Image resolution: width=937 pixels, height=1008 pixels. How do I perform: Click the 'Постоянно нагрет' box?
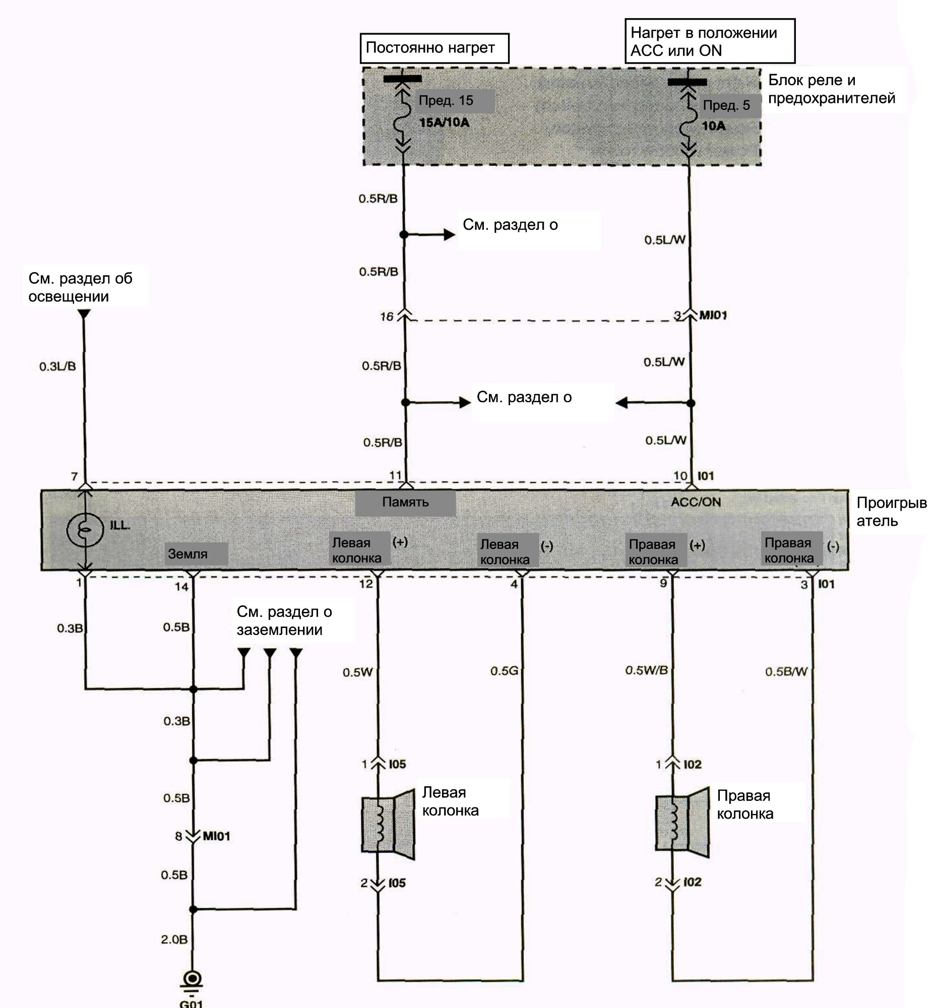pos(434,48)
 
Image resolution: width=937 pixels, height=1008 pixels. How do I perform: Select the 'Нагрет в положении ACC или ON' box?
pos(710,41)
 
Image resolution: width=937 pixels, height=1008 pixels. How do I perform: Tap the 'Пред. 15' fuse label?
pos(446,100)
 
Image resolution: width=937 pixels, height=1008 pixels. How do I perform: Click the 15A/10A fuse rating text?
pos(444,122)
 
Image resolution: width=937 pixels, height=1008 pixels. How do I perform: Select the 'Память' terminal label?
pos(405,502)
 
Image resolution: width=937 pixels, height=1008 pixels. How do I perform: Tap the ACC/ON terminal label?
pos(696,502)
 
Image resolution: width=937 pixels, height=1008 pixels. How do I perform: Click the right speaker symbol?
pos(682,823)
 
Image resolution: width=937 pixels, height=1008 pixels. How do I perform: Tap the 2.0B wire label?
pos(174,939)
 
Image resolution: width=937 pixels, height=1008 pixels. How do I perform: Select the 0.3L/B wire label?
pos(57,366)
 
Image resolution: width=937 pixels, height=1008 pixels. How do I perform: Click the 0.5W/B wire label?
pos(646,670)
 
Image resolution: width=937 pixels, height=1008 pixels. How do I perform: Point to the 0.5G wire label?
pos(504,671)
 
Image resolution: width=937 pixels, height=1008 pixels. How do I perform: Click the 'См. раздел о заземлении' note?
pos(284,620)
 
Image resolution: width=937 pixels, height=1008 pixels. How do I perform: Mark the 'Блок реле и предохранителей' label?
pos(832,89)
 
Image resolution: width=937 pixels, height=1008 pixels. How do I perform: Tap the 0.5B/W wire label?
pos(786,672)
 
